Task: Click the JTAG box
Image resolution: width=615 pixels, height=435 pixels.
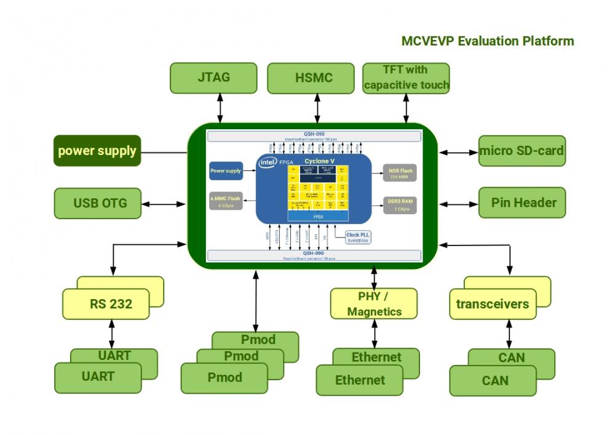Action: tap(213, 78)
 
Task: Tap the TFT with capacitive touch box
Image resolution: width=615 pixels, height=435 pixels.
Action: tap(406, 78)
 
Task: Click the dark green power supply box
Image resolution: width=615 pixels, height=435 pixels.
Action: tap(97, 151)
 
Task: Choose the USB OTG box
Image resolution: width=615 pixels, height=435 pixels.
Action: tap(98, 203)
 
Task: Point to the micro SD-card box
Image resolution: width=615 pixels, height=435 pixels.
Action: tap(522, 151)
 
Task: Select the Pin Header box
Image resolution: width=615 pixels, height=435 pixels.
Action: tap(522, 203)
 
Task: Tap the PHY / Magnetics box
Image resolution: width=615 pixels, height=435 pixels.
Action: tap(374, 303)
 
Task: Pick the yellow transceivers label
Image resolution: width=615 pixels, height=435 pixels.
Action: tap(493, 304)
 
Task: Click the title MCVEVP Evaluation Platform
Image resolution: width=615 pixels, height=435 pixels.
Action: tap(488, 41)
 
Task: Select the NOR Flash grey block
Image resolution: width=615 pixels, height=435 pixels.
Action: tap(400, 172)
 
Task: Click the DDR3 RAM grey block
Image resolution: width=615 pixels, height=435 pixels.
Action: tap(400, 205)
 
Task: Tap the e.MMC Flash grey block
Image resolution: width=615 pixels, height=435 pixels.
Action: tap(225, 201)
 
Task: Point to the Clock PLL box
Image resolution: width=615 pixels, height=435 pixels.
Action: tap(357, 237)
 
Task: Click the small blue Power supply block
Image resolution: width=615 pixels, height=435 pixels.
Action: tap(226, 170)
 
